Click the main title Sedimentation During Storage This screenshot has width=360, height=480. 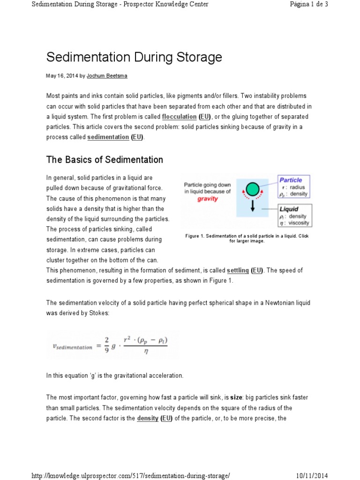click(134, 58)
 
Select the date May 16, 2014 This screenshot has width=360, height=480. click(61, 75)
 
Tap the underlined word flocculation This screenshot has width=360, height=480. click(179, 116)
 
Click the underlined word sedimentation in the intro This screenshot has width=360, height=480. click(108, 137)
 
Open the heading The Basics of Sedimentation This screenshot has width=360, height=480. click(105, 160)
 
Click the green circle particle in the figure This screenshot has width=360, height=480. click(253, 189)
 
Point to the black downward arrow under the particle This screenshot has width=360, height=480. click(253, 206)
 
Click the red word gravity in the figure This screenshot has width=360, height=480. click(208, 199)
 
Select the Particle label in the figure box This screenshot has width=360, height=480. click(291, 180)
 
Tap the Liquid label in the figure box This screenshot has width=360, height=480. click(289, 209)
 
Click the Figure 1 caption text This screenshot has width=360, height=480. click(247, 238)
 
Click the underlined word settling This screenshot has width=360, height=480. click(238, 270)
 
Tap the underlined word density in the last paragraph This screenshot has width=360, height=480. click(147, 418)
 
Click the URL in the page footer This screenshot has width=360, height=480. click(131, 476)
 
